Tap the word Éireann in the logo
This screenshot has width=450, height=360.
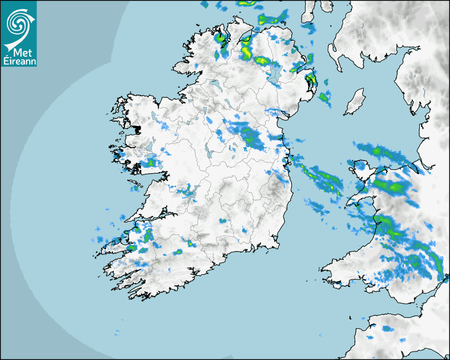click(19, 61)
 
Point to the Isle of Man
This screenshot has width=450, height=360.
click(355, 102)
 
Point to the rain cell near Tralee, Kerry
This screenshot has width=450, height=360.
click(139, 229)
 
